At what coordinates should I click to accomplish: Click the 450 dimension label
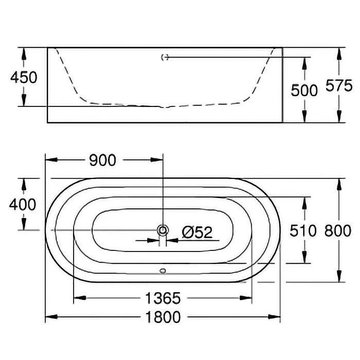click(24, 77)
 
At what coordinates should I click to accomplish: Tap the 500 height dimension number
click(304, 90)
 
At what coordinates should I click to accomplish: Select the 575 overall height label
click(339, 85)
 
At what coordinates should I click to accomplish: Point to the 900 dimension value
click(102, 160)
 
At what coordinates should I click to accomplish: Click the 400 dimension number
click(23, 204)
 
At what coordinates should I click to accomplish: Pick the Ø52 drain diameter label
click(197, 232)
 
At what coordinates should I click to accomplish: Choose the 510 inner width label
click(303, 230)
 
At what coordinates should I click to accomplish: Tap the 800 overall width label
click(338, 230)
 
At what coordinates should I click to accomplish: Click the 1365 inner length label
click(163, 298)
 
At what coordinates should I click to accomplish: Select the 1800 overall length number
click(163, 317)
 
